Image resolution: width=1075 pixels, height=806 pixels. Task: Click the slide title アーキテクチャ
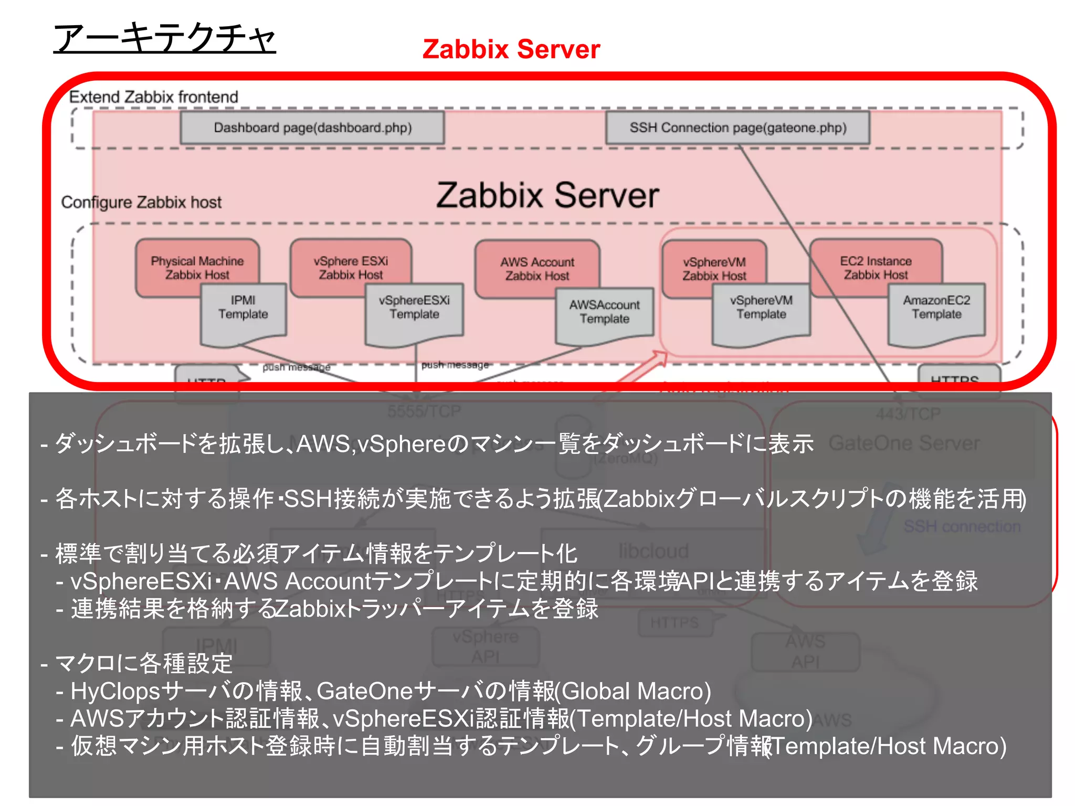pos(164,38)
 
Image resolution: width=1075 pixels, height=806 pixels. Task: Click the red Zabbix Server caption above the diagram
pos(511,49)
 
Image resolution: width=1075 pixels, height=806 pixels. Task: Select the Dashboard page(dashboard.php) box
pos(312,128)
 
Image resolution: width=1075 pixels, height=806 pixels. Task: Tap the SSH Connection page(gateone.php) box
pos(737,128)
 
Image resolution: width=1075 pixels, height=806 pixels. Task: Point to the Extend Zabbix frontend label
pos(153,97)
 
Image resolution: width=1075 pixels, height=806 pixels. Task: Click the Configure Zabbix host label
pos(141,202)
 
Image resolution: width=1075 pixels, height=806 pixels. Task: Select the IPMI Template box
pos(243,310)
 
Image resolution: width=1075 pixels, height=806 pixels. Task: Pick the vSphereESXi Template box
pos(414,310)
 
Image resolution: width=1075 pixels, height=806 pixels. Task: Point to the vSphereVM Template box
pos(761,310)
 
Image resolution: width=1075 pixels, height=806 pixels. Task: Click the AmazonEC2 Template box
pos(936,310)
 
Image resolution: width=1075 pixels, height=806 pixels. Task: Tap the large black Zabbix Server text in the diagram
pos(547,195)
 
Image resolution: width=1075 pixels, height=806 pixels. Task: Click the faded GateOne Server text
pos(904,443)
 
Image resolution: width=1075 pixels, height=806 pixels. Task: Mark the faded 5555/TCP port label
pos(424,411)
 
